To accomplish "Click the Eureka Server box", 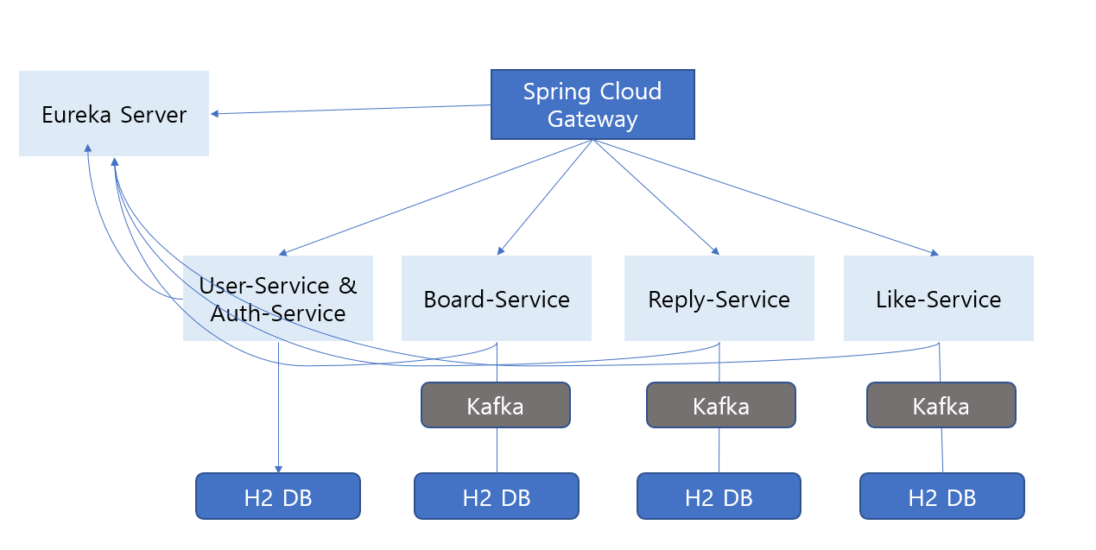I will click(113, 113).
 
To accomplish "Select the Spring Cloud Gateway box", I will click(592, 104).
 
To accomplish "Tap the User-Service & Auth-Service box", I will click(277, 298).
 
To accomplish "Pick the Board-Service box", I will click(496, 299).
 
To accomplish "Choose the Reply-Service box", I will click(719, 299).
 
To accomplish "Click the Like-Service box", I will click(938, 299).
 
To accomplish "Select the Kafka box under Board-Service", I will click(495, 405).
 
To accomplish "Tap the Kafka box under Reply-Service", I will click(720, 405).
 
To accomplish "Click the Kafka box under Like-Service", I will click(941, 405).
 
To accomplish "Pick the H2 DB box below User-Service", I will click(277, 496).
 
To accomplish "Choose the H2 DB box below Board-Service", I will click(496, 496).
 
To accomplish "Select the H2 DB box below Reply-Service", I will click(719, 496).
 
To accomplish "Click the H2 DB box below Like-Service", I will click(941, 496).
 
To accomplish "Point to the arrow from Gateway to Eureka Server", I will click(351, 110).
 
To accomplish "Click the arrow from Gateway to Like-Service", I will click(765, 197).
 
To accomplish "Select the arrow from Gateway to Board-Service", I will click(545, 196).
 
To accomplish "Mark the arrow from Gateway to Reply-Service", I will click(656, 196).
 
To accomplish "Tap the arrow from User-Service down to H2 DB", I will click(278, 406).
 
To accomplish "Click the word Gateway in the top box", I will click(592, 119).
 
